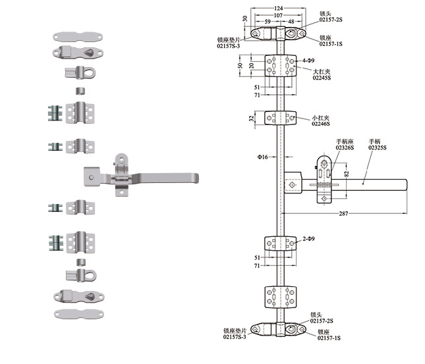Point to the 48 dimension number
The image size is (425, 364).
click(292, 22)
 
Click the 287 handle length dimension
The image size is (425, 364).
click(343, 213)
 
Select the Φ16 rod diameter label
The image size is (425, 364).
click(262, 157)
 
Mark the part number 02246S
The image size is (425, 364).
click(320, 123)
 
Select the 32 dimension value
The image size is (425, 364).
click(251, 118)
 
